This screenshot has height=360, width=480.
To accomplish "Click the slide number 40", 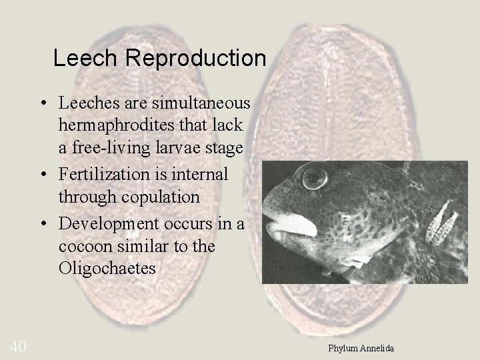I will pyautogui.click(x=17, y=345).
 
